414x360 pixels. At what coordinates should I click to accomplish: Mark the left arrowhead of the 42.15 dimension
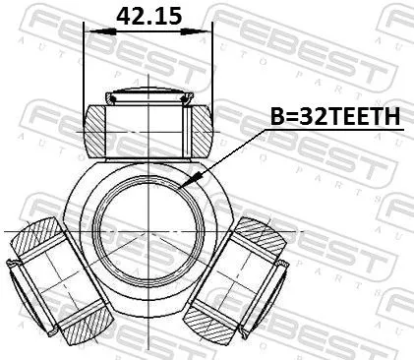click(91, 32)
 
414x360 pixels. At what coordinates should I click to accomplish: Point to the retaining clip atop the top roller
click(147, 96)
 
